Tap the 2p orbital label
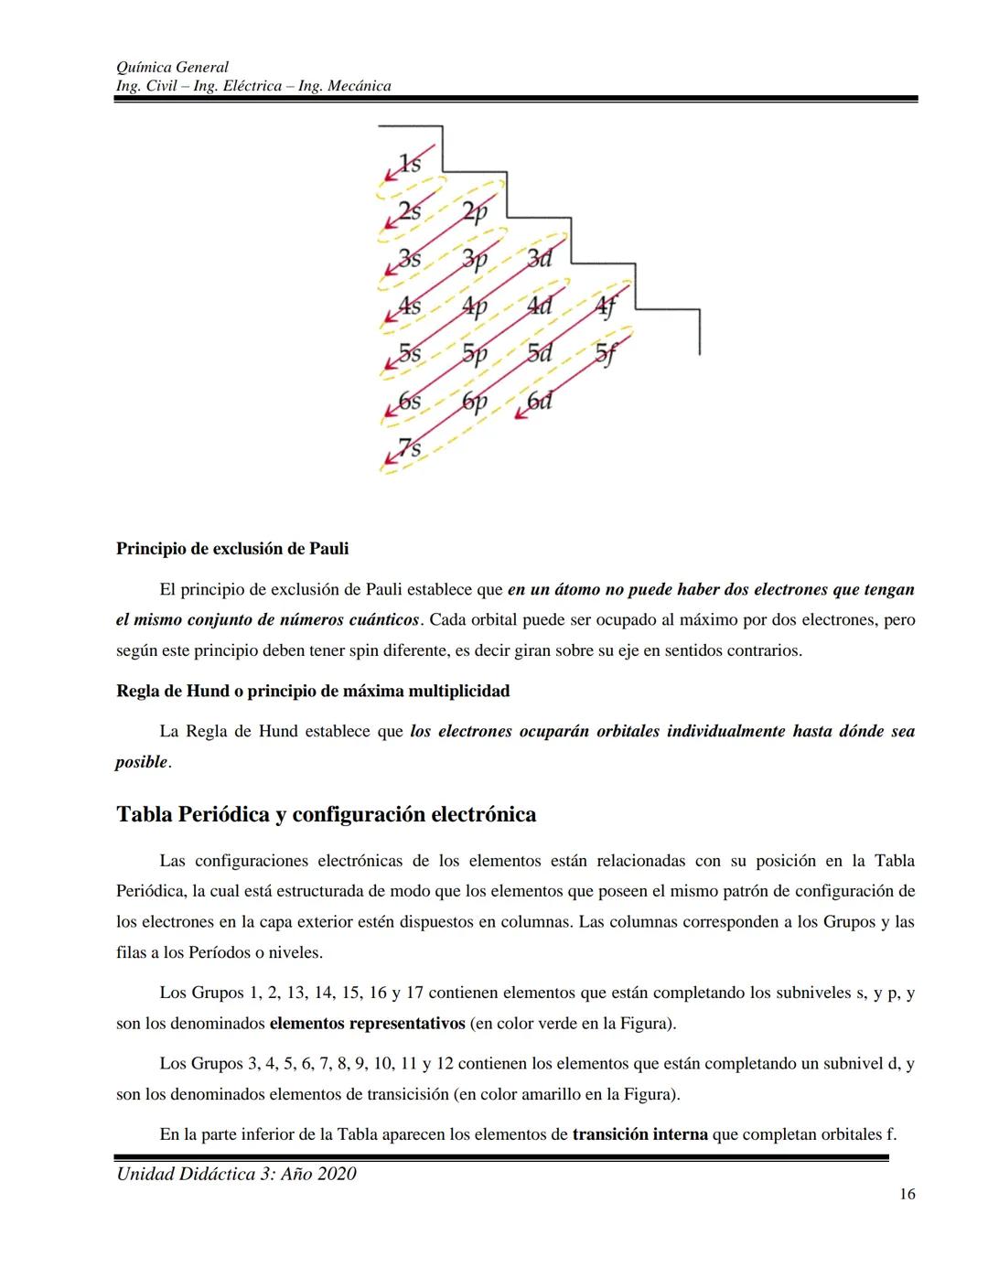tap(474, 212)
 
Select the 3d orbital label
tap(539, 259)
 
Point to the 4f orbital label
tap(606, 306)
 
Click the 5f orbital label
tap(606, 353)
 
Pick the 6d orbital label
tap(540, 401)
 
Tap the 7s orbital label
tap(410, 448)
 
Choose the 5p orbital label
tap(474, 353)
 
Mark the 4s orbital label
tap(410, 306)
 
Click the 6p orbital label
tap(474, 401)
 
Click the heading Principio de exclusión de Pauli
tap(232, 549)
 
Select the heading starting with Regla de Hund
tap(313, 691)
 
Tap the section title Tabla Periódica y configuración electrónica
tap(326, 814)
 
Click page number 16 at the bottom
tap(907, 1194)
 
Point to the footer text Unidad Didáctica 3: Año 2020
tap(236, 1174)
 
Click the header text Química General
tap(172, 67)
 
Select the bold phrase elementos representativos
tap(367, 1023)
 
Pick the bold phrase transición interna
tap(639, 1134)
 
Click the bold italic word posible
tap(141, 762)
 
